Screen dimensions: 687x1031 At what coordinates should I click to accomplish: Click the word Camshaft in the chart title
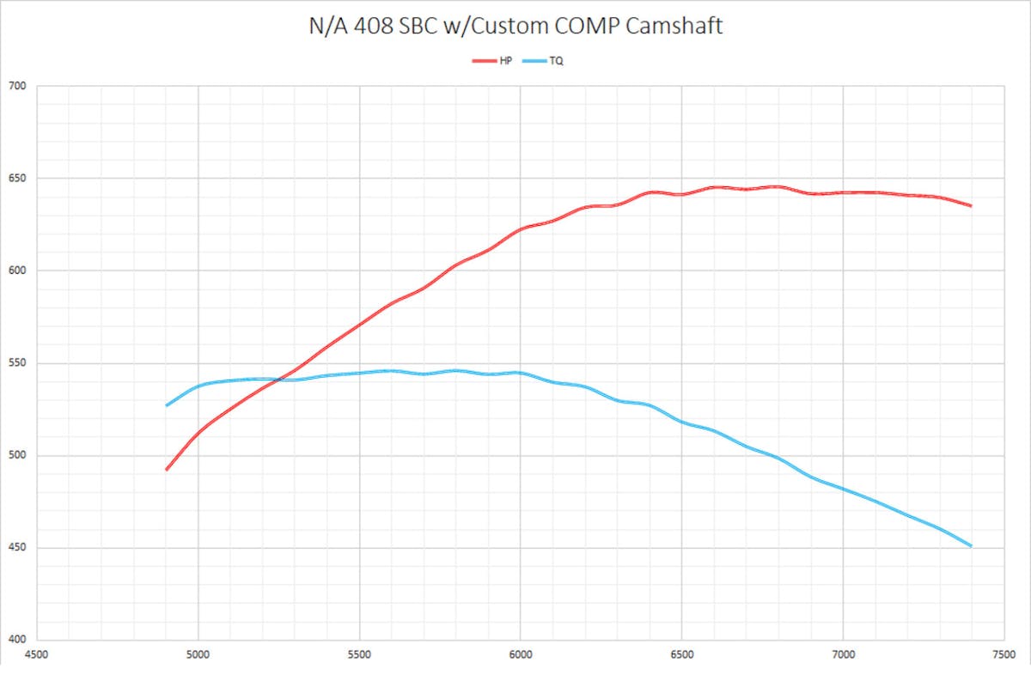click(x=674, y=26)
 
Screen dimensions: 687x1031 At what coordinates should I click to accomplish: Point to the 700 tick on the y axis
click(x=18, y=86)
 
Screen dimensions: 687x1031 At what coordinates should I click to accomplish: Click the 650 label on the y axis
click(x=18, y=179)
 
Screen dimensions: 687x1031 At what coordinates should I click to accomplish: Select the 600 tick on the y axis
click(x=18, y=271)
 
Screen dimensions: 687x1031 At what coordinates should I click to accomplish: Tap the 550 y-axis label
click(x=18, y=363)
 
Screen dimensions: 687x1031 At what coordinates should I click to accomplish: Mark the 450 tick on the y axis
click(x=18, y=548)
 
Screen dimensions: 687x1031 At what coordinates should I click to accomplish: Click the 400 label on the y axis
click(x=18, y=640)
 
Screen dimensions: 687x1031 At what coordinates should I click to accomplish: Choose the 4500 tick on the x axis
click(x=37, y=652)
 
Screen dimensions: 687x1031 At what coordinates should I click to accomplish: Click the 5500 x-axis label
click(x=359, y=652)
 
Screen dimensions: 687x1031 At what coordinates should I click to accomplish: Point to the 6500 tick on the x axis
click(x=681, y=652)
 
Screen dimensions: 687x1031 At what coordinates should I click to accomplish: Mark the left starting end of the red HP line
click(x=167, y=470)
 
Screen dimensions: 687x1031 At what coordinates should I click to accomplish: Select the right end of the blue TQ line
click(x=971, y=546)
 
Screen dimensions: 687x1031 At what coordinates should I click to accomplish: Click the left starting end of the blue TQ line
click(x=167, y=405)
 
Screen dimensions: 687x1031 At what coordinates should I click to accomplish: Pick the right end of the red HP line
click(x=971, y=206)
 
